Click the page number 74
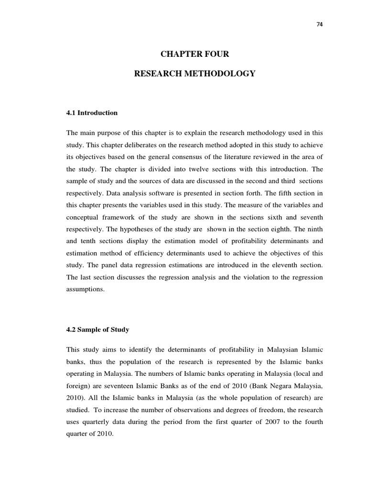[320, 25]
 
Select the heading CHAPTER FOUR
[194, 54]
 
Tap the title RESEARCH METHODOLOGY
[194, 74]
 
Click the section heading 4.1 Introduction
[92, 113]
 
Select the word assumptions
[85, 289]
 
